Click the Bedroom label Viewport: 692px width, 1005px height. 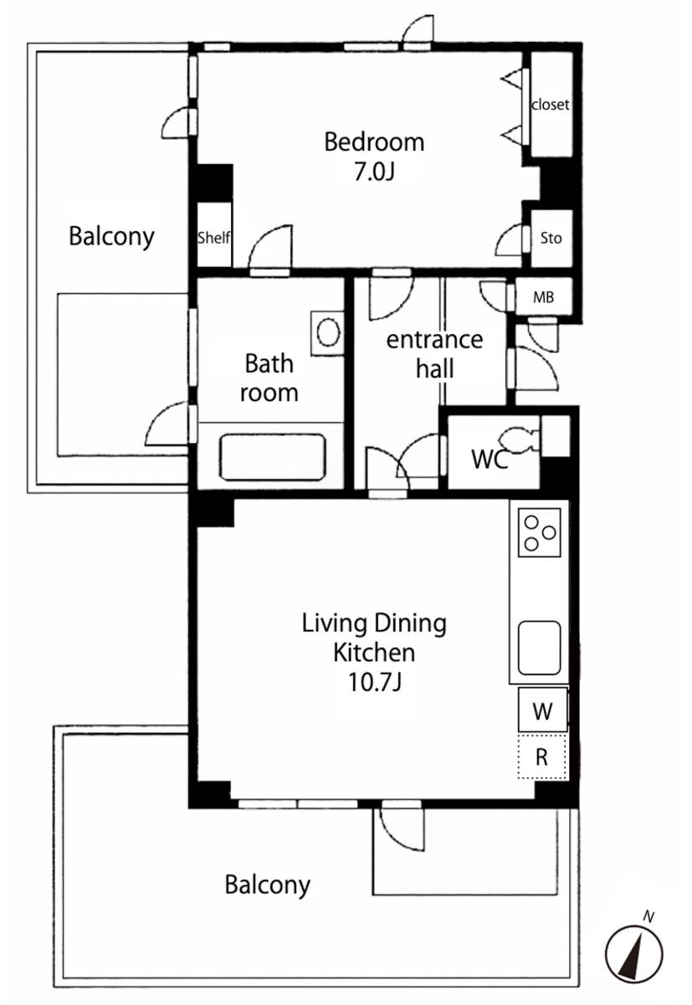374,142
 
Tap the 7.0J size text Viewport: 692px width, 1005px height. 374,171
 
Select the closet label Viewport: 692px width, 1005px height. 550,105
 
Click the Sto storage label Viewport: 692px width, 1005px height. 551,238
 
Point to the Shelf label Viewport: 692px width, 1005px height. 214,237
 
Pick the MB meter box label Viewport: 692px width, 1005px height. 543,297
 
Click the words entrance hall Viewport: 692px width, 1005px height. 434,354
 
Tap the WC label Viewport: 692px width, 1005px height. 490,459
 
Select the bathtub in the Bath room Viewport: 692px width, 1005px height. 272,456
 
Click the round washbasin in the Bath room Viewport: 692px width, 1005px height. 329,332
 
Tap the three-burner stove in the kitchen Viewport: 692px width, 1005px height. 539,533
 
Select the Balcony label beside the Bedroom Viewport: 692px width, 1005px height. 111,237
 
